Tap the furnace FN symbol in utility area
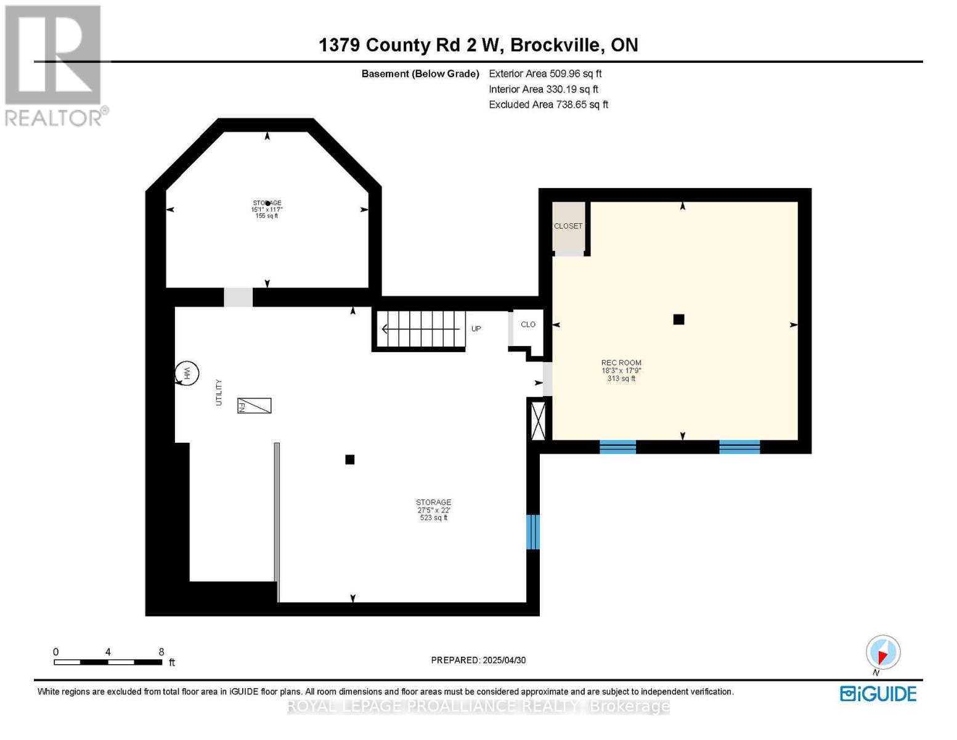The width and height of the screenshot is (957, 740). pyautogui.click(x=255, y=405)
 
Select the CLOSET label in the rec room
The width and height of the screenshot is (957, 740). pyautogui.click(x=568, y=226)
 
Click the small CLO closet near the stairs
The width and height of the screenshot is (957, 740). pyautogui.click(x=528, y=324)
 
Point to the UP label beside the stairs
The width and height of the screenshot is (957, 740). pyautogui.click(x=476, y=329)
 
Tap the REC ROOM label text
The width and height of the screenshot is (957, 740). pyautogui.click(x=621, y=363)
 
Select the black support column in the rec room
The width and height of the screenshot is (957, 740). pyautogui.click(x=678, y=319)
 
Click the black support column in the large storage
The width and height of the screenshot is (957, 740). pyautogui.click(x=350, y=459)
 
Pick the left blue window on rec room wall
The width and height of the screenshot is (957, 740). pyautogui.click(x=617, y=447)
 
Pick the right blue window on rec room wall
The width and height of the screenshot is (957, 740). pyautogui.click(x=739, y=447)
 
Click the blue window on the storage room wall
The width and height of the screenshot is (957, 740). pyautogui.click(x=533, y=532)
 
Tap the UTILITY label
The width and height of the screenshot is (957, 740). pyautogui.click(x=218, y=392)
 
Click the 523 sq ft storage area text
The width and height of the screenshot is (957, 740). pyautogui.click(x=433, y=518)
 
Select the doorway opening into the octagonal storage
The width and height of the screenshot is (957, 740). pyautogui.click(x=238, y=297)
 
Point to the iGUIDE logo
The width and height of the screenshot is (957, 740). pyautogui.click(x=878, y=694)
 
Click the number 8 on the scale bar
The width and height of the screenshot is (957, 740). pyautogui.click(x=161, y=652)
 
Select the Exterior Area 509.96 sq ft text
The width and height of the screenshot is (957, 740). pyautogui.click(x=545, y=73)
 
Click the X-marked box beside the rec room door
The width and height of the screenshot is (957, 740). pyautogui.click(x=538, y=421)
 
